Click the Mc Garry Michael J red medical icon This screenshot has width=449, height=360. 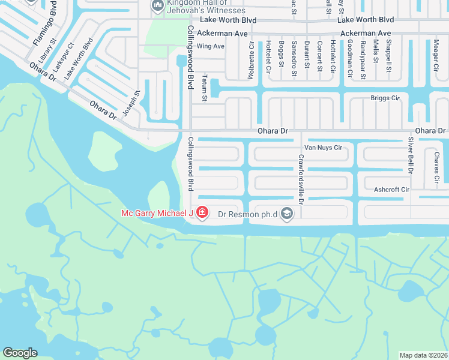click(202, 212)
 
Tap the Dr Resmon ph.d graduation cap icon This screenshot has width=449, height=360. click(287, 213)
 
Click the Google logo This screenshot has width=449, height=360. click(20, 353)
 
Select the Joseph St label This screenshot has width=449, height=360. click(131, 103)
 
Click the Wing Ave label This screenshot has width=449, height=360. click(210, 46)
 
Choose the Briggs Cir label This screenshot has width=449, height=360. click(385, 98)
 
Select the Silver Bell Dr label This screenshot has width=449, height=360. click(411, 155)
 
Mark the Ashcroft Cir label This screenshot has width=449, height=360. click(391, 190)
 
